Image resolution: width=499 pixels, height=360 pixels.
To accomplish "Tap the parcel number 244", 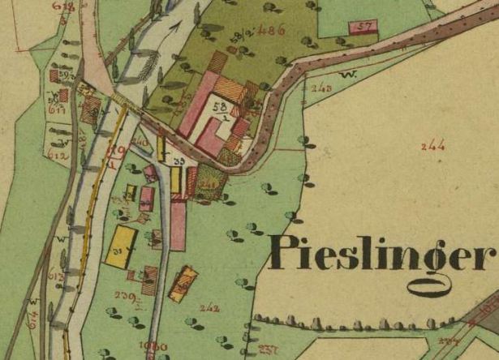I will [x=433, y=146].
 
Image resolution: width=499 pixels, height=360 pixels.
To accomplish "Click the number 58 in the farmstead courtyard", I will [x=220, y=106].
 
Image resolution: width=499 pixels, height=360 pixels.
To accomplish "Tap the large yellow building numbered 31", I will [x=122, y=246].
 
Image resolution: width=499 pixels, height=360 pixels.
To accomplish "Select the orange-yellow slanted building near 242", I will [x=183, y=284].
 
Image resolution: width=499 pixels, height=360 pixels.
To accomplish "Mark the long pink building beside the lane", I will [x=178, y=226].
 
